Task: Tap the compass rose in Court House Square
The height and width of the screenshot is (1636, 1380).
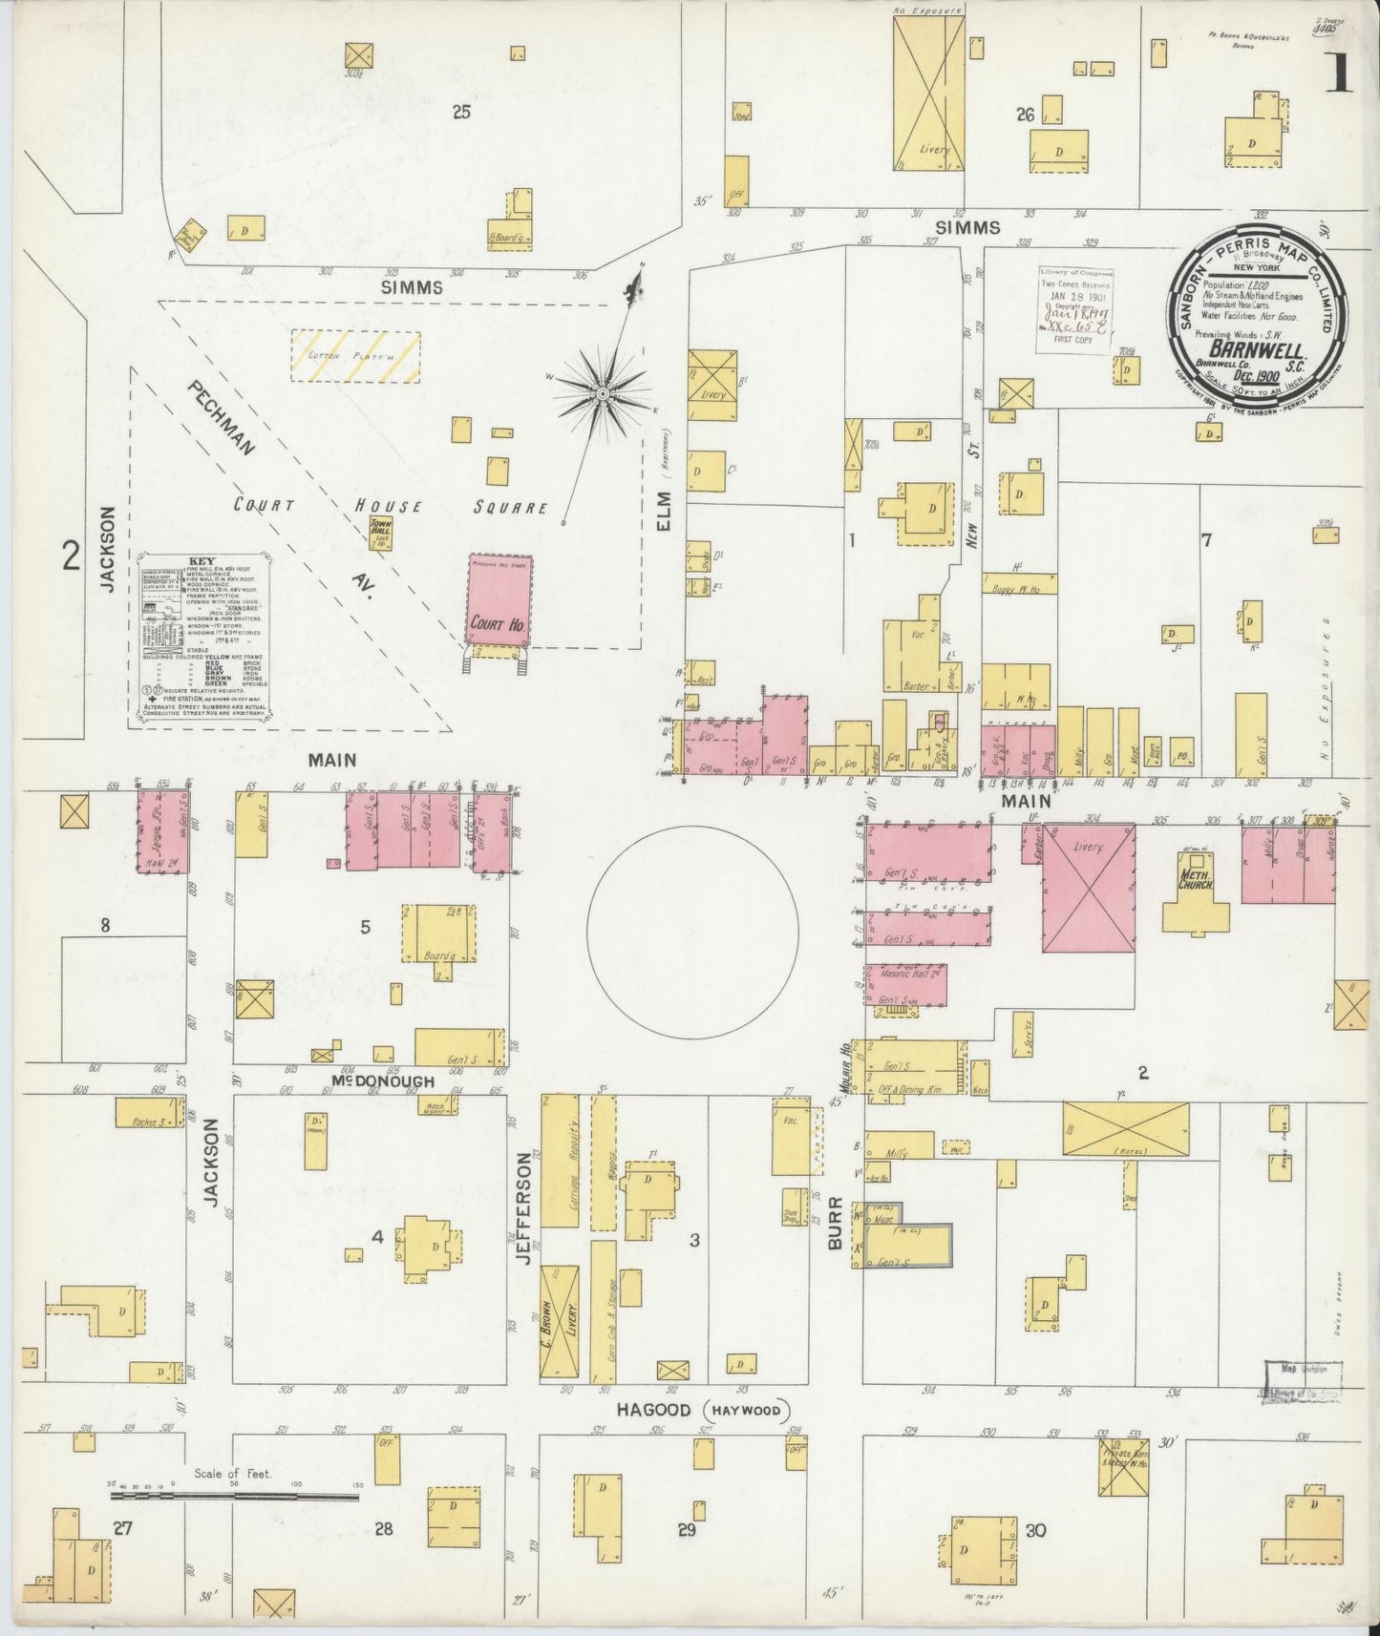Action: point(603,392)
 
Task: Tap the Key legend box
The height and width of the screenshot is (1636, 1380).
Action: point(202,634)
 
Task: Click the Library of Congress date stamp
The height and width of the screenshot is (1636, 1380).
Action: point(1075,310)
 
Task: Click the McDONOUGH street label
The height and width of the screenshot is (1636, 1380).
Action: point(385,1081)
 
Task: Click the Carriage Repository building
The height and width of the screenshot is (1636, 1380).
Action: point(560,1161)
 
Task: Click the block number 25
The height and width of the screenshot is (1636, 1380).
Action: point(461,113)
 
